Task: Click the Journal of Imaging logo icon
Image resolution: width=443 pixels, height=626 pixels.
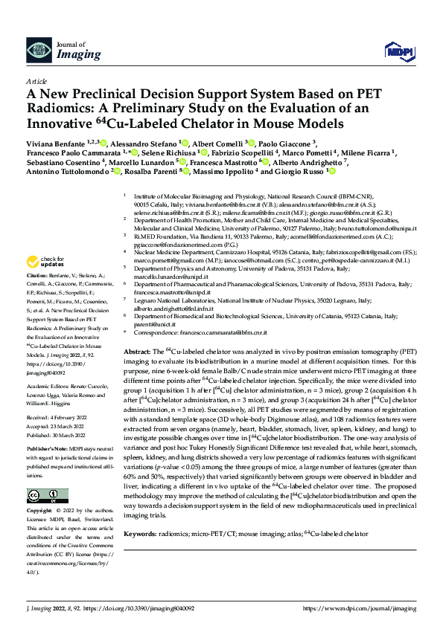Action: [x=39, y=51]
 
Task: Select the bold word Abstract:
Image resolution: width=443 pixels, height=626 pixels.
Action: [x=136, y=350]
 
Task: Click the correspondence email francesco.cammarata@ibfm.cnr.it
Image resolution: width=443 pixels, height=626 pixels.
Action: [x=221, y=335]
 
